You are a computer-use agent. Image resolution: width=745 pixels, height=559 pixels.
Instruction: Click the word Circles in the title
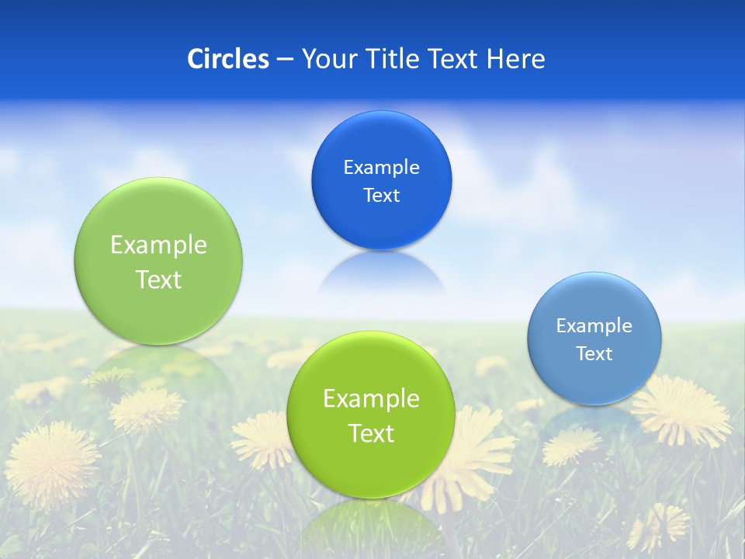coord(228,59)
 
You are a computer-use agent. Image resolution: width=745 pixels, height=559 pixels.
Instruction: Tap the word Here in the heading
coord(516,59)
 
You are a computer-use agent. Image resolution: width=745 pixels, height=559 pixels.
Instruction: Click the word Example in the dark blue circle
coord(382,167)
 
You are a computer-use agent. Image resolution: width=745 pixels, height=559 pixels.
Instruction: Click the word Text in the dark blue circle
coord(382,195)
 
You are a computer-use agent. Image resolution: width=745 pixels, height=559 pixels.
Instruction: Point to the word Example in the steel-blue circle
coord(594,325)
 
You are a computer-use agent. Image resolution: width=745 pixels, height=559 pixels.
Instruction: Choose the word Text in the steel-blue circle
coord(594,353)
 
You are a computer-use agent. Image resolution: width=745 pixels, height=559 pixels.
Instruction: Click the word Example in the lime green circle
coord(371,398)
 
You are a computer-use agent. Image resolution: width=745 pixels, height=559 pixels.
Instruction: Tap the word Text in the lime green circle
coord(371,433)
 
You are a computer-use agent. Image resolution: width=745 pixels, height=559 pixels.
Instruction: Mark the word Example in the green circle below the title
coord(158,245)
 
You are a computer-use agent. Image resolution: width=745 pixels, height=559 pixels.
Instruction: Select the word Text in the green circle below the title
coord(158,279)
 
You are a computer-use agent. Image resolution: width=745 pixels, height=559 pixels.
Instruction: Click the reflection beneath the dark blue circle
coord(382,273)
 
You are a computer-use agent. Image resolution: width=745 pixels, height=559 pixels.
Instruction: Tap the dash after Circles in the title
coord(284,60)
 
